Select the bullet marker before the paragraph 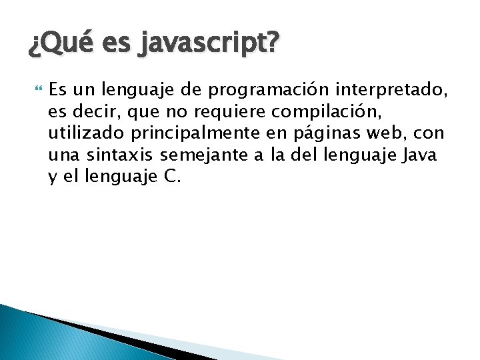(x=37, y=87)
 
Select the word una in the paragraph (x=63, y=155)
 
